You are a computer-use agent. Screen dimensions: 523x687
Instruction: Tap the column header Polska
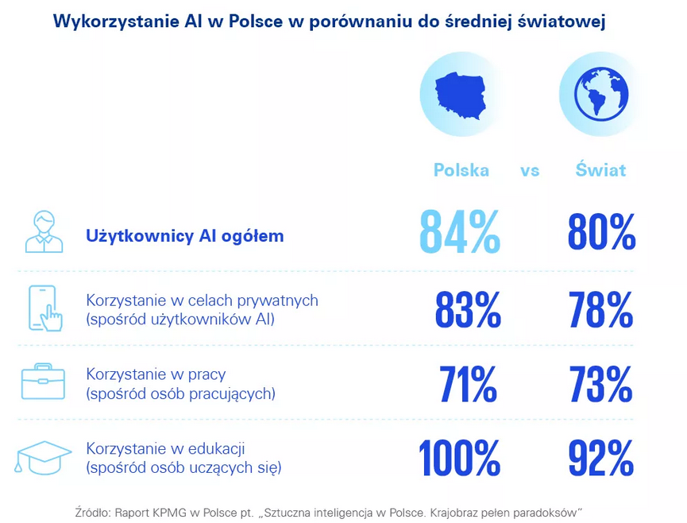[x=461, y=170]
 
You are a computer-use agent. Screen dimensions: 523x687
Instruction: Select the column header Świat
[x=600, y=170]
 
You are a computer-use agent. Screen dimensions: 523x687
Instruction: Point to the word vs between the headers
[x=530, y=171]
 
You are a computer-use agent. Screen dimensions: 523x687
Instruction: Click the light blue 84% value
[x=460, y=233]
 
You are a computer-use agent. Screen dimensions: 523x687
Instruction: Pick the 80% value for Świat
[x=601, y=233]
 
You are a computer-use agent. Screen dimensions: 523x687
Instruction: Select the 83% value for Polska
[x=468, y=309]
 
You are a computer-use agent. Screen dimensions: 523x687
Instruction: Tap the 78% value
[x=601, y=309]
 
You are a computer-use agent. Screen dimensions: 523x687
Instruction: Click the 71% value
[x=469, y=384]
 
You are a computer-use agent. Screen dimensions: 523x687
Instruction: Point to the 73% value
[x=601, y=384]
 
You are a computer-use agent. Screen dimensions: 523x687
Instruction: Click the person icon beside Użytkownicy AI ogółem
[x=44, y=232]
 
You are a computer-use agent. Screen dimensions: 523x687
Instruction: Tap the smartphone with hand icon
[x=45, y=308]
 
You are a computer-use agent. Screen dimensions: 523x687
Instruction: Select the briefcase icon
[x=43, y=383]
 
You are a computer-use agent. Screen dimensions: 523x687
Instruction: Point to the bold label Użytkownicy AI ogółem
[x=184, y=236]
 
